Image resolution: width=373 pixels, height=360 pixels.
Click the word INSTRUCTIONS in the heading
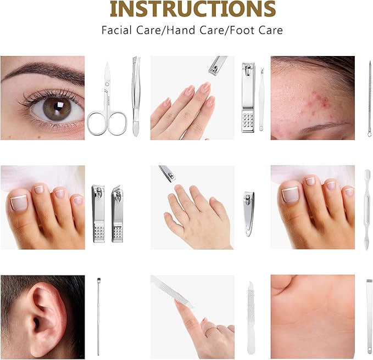coord(193,9)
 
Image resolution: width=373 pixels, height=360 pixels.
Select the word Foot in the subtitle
coord(240,30)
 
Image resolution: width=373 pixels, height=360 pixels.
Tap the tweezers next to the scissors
coord(136,96)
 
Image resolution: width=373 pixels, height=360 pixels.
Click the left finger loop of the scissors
coord(96,123)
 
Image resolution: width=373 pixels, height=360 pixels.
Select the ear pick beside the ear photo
coord(98,317)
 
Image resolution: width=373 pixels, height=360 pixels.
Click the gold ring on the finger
coord(212,328)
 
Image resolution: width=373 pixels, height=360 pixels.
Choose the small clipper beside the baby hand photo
coord(249,214)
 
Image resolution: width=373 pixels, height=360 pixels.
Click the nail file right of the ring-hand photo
coord(252,317)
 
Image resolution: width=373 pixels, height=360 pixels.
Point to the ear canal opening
coord(36,323)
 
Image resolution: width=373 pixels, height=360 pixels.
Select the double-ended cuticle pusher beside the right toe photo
coord(367,210)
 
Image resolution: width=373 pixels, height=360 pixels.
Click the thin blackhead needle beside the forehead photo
coord(370,99)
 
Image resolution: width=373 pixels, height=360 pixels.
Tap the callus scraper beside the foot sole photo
coord(369,316)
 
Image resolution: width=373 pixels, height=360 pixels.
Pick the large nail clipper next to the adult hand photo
coord(248,98)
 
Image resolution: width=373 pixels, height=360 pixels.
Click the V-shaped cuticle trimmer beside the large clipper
coord(261,99)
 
